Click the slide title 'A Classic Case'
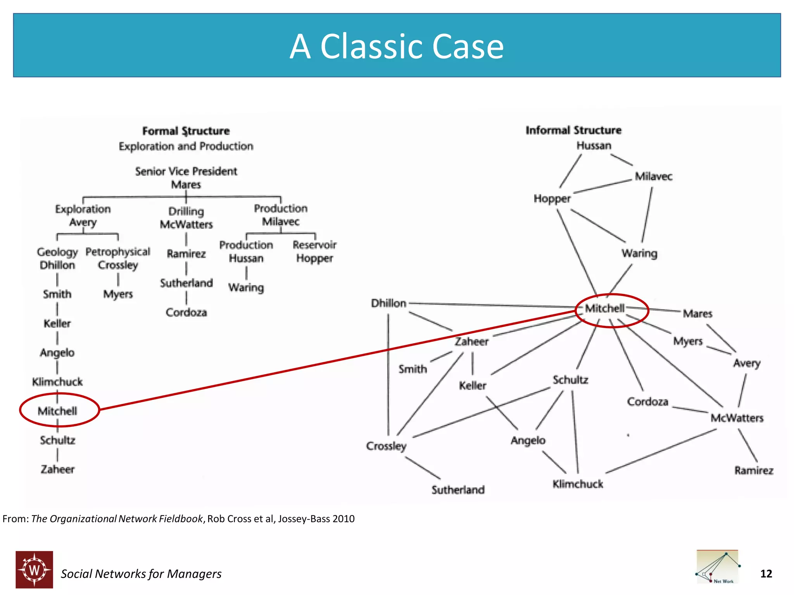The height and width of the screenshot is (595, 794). pyautogui.click(x=397, y=46)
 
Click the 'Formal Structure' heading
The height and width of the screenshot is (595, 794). pyautogui.click(x=186, y=131)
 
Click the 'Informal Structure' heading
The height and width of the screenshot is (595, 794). pyautogui.click(x=573, y=130)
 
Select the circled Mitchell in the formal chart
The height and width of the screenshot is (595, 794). pyautogui.click(x=57, y=411)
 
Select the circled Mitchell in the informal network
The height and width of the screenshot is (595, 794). pyautogui.click(x=605, y=308)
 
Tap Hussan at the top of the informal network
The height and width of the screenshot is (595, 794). pyautogui.click(x=594, y=146)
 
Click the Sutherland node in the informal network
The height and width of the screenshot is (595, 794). pyautogui.click(x=458, y=490)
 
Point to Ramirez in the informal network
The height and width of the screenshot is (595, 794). pyautogui.click(x=753, y=470)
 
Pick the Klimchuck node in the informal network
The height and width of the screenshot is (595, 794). pyautogui.click(x=577, y=484)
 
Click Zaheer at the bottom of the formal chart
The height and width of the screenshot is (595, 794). pyautogui.click(x=57, y=469)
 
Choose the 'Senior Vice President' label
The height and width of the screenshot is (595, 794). pyautogui.click(x=186, y=171)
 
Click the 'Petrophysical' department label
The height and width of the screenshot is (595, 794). pyautogui.click(x=118, y=252)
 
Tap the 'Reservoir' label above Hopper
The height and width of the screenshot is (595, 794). pyautogui.click(x=314, y=245)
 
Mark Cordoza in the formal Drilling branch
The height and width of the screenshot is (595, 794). pyautogui.click(x=186, y=312)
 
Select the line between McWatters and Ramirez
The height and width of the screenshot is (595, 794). pyautogui.click(x=748, y=445)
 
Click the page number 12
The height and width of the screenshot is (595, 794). pyautogui.click(x=766, y=574)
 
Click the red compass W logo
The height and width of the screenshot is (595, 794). pyautogui.click(x=35, y=569)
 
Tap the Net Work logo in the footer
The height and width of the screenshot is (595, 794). pyautogui.click(x=717, y=567)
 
